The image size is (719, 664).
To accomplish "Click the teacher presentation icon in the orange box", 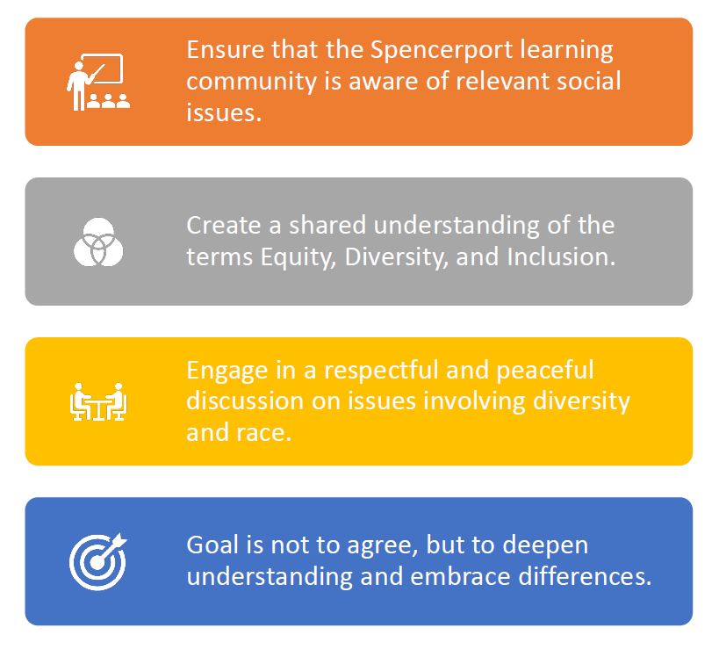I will pyautogui.click(x=97, y=82).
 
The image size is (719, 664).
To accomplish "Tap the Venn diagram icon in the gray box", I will pyautogui.click(x=97, y=242).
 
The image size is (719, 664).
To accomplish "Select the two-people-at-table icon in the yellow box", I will pyautogui.click(x=97, y=401).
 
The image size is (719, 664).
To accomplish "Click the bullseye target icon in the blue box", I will pyautogui.click(x=97, y=561).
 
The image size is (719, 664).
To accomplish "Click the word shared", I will pyautogui.click(x=326, y=225).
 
